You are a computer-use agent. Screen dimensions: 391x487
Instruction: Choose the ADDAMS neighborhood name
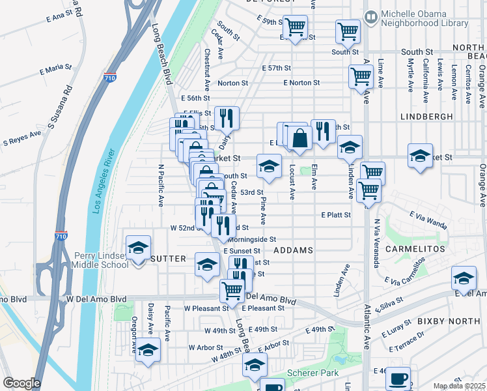pos(293,250)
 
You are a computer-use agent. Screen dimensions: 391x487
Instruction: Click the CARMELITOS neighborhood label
pos(423,250)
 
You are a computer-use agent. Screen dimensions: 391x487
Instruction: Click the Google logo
pos(21,383)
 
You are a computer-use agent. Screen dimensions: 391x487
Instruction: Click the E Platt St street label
pos(336,214)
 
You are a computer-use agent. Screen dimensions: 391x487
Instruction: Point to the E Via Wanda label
pos(428,220)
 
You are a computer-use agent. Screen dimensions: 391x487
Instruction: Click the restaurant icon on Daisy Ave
pos(227,117)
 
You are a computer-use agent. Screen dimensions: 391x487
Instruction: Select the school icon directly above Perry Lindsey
pos(138,247)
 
